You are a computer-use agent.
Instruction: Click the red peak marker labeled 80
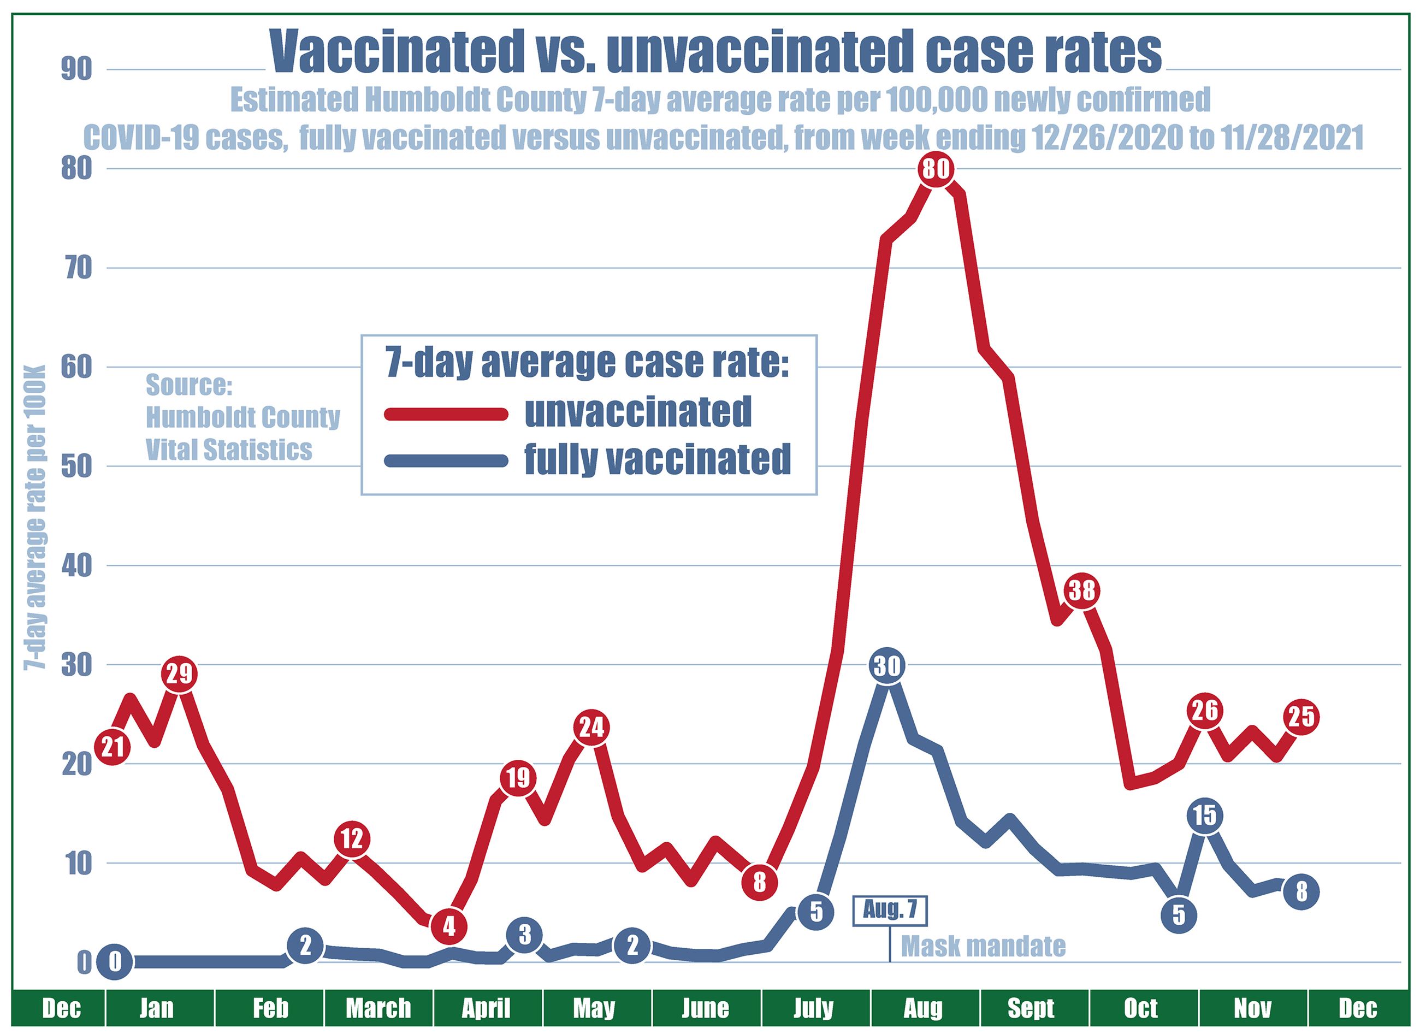coord(936,169)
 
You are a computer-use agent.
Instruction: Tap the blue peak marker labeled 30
coord(886,666)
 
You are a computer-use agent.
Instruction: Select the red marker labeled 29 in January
coord(180,675)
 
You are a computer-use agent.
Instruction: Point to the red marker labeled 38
coord(1081,590)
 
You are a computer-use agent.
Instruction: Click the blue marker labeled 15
coord(1204,816)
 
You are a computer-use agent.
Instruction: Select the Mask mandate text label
coord(983,946)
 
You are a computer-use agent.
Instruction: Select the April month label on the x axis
coord(487,1008)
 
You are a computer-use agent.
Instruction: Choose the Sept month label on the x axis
coord(1031,1008)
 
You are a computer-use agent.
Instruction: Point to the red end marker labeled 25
coord(1301,717)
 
